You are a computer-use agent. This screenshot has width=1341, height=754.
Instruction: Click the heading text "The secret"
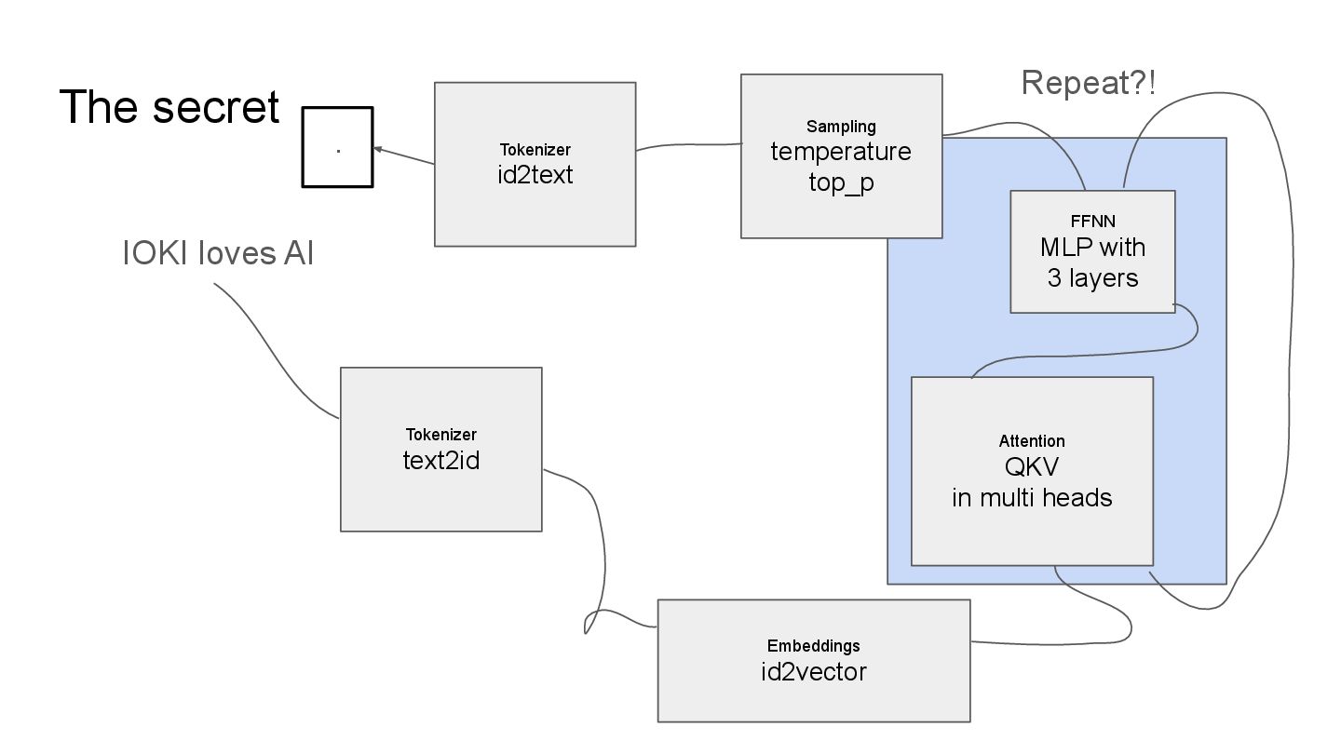click(x=169, y=107)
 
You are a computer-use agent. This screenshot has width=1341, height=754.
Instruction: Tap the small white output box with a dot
click(x=337, y=148)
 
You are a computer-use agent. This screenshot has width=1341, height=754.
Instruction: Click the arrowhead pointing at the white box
click(x=378, y=148)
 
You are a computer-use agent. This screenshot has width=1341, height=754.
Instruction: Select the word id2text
click(x=535, y=174)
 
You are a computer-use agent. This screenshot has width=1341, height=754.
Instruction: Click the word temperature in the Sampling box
click(x=841, y=151)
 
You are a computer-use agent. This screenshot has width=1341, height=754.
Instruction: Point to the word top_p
click(x=841, y=182)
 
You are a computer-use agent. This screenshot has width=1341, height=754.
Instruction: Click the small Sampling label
click(x=841, y=126)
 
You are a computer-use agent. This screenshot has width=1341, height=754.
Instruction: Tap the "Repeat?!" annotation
click(x=1089, y=83)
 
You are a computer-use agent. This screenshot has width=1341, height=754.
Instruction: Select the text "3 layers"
click(x=1092, y=277)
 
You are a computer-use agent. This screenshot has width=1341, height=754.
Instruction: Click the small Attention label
click(x=1032, y=440)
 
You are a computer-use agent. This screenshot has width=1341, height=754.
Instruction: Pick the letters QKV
click(x=1032, y=467)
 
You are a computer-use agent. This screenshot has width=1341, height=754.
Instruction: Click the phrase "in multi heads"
click(x=1032, y=497)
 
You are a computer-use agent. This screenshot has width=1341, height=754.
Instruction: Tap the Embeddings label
click(x=813, y=645)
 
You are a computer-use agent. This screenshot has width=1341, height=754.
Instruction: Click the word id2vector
click(x=813, y=671)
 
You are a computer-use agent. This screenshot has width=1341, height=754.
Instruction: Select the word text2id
click(x=440, y=460)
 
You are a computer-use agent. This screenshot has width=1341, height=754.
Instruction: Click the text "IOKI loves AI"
click(x=218, y=253)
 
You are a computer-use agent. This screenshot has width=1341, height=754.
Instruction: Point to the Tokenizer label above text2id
click(x=440, y=434)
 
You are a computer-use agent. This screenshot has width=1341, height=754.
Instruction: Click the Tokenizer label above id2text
click(x=535, y=149)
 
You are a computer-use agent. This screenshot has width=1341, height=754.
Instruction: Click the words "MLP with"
click(x=1092, y=249)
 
